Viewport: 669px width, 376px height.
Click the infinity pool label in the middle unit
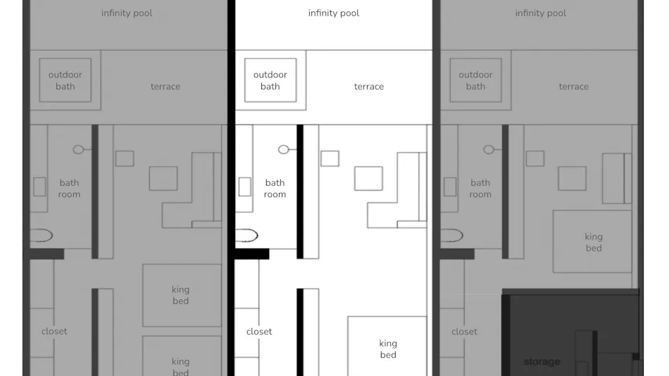click(334, 13)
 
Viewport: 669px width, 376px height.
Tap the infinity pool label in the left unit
click(127, 13)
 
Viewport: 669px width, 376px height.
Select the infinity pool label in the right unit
click(541, 13)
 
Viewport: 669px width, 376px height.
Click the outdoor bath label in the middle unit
click(270, 80)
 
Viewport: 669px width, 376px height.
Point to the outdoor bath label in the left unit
click(65, 80)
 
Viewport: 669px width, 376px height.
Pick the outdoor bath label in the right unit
click(475, 80)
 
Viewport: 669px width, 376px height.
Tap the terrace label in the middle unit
click(368, 87)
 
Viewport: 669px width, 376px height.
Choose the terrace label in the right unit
click(573, 87)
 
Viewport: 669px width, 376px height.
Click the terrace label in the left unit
click(165, 87)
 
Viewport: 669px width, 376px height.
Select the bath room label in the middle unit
click(275, 188)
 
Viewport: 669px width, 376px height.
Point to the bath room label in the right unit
click(480, 188)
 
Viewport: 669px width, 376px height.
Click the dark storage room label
click(542, 362)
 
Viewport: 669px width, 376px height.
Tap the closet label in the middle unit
click(259, 332)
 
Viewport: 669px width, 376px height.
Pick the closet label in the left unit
click(54, 332)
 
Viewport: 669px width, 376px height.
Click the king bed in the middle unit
click(387, 346)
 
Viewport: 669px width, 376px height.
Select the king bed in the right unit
click(592, 242)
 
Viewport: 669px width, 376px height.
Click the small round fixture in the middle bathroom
click(283, 149)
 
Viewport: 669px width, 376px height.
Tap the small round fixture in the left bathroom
click(78, 149)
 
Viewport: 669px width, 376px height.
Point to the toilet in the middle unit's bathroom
click(246, 235)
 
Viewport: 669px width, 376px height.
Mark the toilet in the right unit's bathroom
click(451, 235)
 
